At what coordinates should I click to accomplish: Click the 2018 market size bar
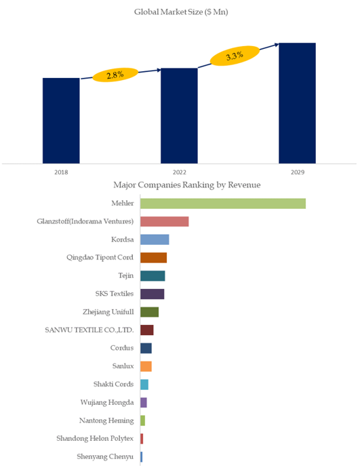point(61,121)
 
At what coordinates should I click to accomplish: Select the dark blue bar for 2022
point(179,116)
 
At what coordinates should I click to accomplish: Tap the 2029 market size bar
point(297,103)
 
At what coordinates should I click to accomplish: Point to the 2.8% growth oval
point(115,75)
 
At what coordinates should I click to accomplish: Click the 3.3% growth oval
point(235,56)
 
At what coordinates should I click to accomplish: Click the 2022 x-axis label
point(179,172)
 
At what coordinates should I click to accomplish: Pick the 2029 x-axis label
point(298,172)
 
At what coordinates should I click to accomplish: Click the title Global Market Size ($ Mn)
point(181,12)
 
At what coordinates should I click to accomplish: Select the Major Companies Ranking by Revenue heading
point(187,185)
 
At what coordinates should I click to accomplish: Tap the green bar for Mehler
point(223,203)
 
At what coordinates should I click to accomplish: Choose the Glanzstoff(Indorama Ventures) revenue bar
point(165,222)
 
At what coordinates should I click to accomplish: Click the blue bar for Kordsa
point(155,239)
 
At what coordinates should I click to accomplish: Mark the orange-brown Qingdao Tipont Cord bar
point(154,258)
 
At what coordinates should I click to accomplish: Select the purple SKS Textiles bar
point(153,294)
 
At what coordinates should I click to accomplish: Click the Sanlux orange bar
point(146,366)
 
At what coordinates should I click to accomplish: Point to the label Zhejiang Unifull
point(108,312)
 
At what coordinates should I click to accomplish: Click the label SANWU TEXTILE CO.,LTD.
point(89,330)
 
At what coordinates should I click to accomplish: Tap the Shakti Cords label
point(113,384)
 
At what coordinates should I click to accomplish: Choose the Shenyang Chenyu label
point(105,456)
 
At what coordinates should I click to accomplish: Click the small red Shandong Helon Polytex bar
point(142,439)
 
